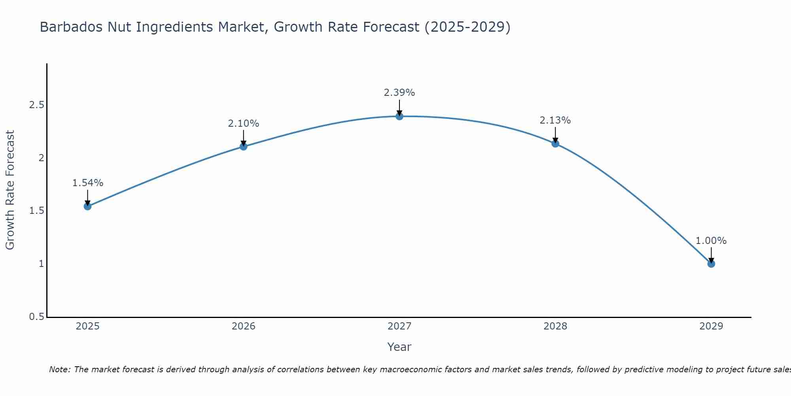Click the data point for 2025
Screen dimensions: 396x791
(88, 206)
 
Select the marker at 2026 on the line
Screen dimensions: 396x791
(244, 147)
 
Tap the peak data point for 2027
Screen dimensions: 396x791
(399, 116)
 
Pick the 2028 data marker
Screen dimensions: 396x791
(555, 143)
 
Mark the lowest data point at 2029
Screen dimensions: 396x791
(711, 264)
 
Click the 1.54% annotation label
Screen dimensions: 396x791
(88, 183)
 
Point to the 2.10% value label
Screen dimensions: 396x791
(244, 124)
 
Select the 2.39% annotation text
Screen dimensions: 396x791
(399, 93)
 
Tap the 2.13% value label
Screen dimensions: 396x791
(555, 120)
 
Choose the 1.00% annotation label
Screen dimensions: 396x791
(711, 241)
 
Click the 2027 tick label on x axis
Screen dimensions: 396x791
(399, 326)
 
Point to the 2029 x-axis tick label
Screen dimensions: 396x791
(711, 326)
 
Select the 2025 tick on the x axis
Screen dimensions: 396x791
(88, 326)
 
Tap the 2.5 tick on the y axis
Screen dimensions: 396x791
(36, 105)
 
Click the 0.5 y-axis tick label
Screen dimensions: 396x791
(36, 317)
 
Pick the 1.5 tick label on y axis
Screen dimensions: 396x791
(36, 211)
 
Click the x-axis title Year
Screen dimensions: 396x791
(399, 347)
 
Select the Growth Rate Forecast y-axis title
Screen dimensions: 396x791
(10, 190)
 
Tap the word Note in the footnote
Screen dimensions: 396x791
(59, 369)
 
